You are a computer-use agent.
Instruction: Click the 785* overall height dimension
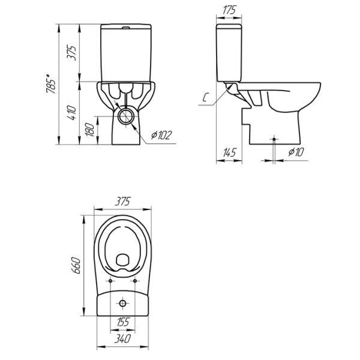51,83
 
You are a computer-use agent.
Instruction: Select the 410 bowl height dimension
71,113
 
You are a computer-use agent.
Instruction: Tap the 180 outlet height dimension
90,130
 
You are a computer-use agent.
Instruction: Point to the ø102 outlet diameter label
161,135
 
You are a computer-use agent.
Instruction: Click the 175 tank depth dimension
229,10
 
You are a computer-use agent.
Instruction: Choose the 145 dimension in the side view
229,152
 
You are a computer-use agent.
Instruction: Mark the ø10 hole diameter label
296,152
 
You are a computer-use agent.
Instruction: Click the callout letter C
205,98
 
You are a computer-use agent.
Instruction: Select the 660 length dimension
76,266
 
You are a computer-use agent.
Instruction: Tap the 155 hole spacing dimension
123,322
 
